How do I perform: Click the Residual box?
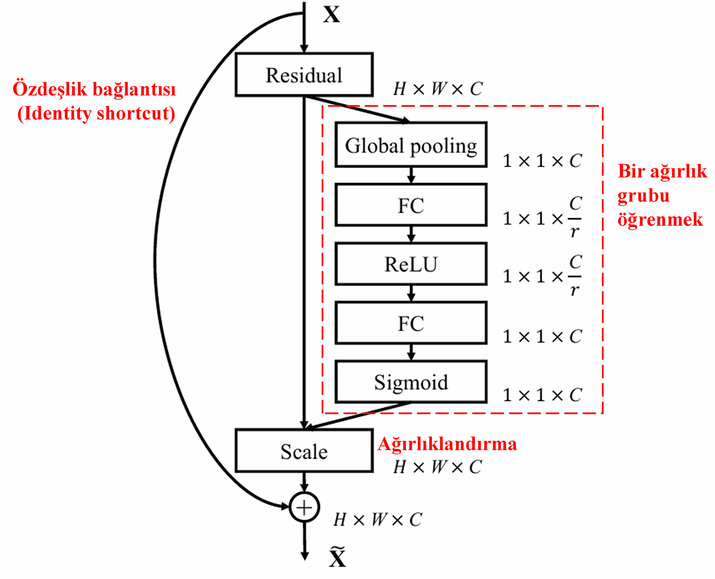pos(304,75)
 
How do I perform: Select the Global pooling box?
pos(411,145)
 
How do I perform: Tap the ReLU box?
pos(411,264)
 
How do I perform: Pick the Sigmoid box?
pos(411,382)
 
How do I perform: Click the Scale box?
pos(304,451)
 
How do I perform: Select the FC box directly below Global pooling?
pos(411,205)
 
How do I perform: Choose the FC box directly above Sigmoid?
pos(411,323)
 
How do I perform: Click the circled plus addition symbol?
pos(304,507)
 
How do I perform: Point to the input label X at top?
pos(331,15)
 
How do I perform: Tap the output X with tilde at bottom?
pos(337,558)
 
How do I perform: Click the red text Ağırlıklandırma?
pos(447,444)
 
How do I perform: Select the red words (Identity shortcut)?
pos(96,114)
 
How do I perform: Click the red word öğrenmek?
pos(660,220)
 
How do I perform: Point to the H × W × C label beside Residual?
pos(438,89)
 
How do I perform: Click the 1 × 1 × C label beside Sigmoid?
pos(542,395)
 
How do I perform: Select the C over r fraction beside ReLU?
pos(575,276)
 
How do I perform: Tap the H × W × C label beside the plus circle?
pos(377,520)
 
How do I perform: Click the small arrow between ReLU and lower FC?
pos(411,293)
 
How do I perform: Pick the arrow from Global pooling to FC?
pos(411,175)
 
